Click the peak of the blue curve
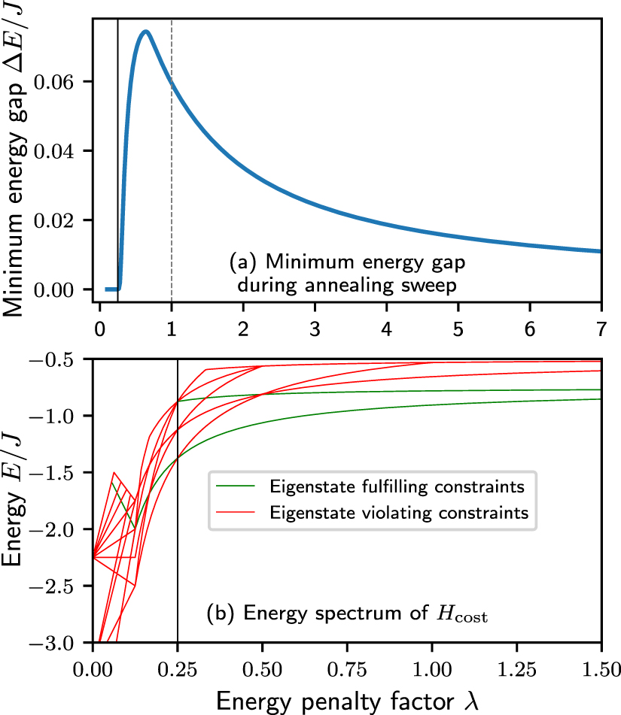tap(145, 32)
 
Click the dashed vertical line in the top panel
tap(172, 188)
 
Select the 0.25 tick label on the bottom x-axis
tap(178, 667)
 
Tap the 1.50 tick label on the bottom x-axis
tap(601, 667)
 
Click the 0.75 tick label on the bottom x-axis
tap(347, 667)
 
